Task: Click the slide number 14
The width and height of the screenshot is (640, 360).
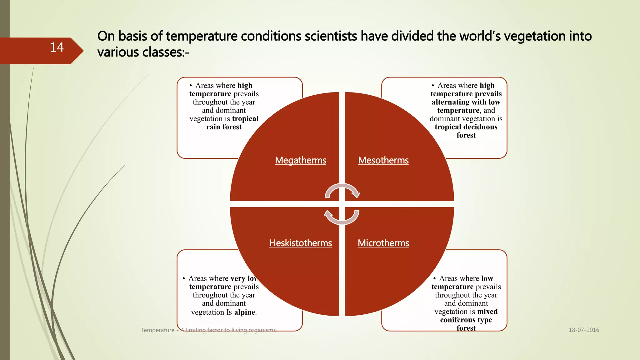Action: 57,47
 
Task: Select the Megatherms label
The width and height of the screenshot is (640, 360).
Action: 300,160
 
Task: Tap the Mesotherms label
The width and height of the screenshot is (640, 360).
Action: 383,160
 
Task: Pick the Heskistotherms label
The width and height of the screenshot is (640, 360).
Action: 300,243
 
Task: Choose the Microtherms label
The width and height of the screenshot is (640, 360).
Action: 383,243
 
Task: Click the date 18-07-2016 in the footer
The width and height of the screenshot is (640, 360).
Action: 584,330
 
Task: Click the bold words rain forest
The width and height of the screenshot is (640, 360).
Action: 224,127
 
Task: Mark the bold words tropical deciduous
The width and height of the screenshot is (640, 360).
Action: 466,127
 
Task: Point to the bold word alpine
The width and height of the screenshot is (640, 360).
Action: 245,312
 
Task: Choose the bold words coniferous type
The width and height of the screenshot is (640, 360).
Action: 466,320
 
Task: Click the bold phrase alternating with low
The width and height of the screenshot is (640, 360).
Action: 466,102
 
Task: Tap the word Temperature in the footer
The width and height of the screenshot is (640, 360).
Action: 157,330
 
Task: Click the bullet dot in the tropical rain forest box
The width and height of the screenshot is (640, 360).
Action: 191,86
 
